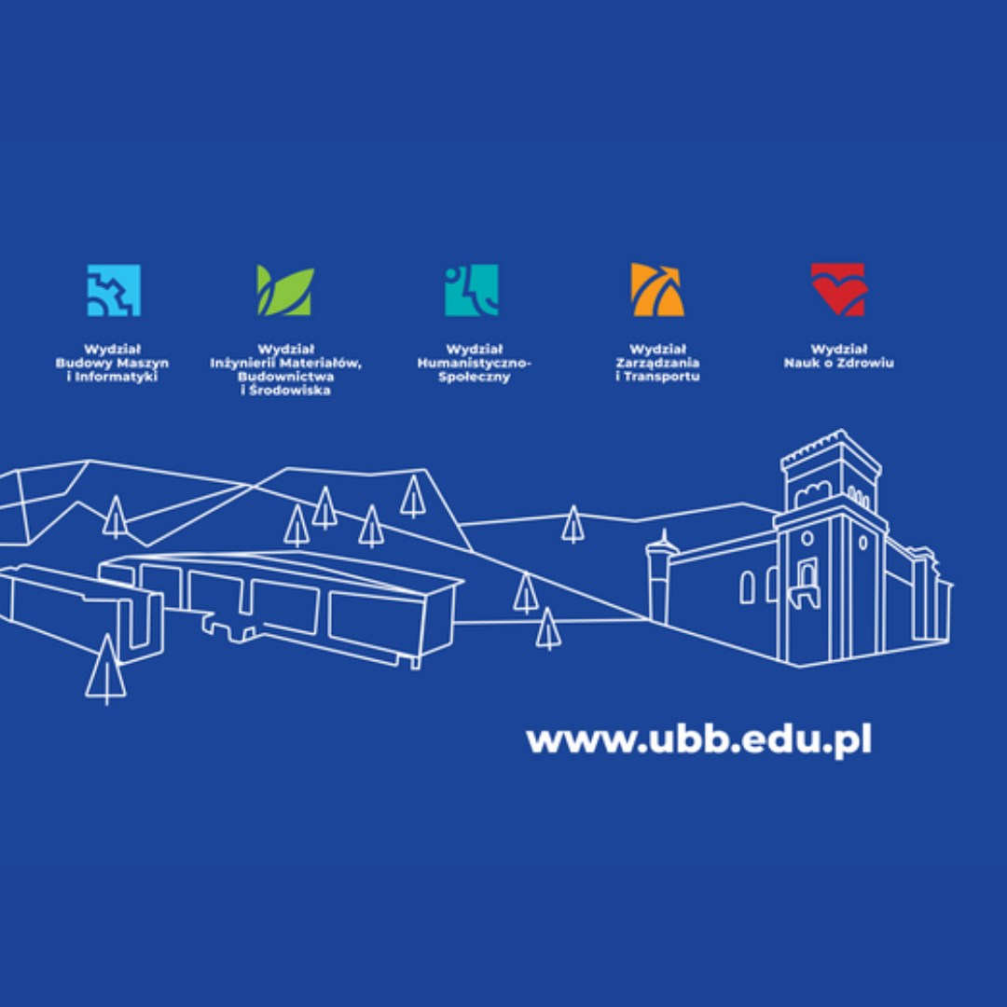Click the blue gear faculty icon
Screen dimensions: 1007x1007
click(x=114, y=290)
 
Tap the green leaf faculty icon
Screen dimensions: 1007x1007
click(x=285, y=290)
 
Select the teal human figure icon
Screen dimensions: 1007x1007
click(x=472, y=290)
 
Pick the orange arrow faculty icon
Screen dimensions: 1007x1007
click(x=657, y=290)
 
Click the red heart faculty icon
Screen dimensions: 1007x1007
click(x=838, y=290)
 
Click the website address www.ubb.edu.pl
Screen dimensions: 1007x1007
click(x=698, y=740)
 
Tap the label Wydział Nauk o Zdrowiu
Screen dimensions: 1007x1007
click(x=838, y=356)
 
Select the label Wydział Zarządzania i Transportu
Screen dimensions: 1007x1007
click(x=657, y=363)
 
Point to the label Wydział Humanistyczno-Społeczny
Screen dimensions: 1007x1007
click(x=474, y=363)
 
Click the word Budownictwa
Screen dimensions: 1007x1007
click(x=286, y=377)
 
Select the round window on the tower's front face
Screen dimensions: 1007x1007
click(x=807, y=538)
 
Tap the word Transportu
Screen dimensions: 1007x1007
click(x=661, y=377)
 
